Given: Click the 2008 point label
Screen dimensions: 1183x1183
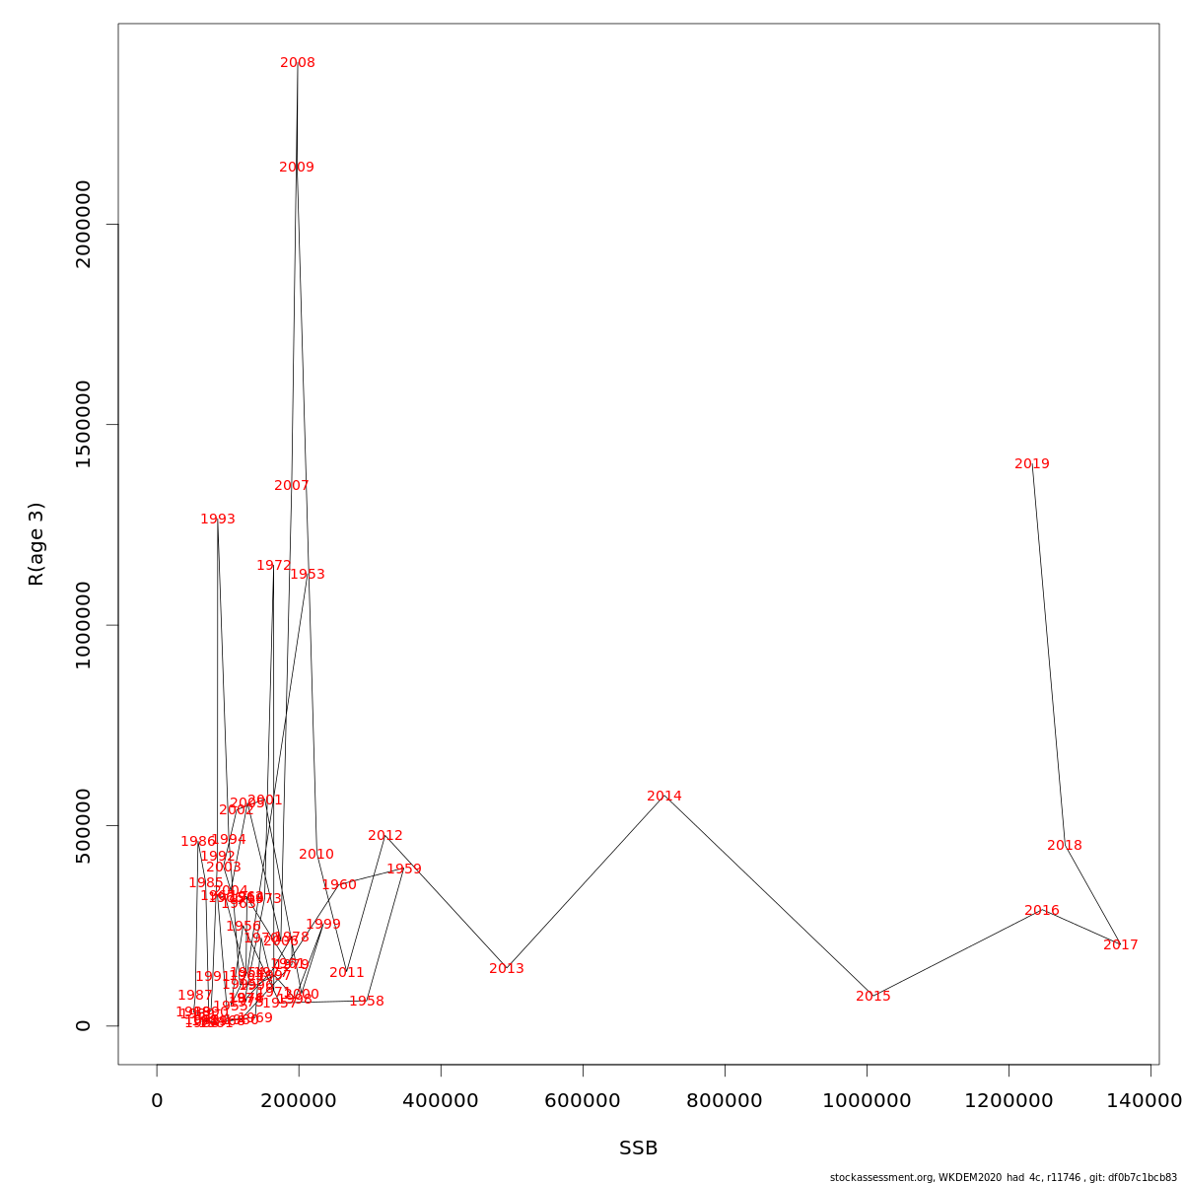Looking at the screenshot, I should pyautogui.click(x=298, y=63).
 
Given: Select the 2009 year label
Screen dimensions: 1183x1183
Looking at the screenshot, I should pyautogui.click(x=297, y=168).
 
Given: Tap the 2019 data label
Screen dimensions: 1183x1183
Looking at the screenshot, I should pyautogui.click(x=1032, y=464).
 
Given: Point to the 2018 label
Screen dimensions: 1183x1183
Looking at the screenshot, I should pyautogui.click(x=1065, y=846).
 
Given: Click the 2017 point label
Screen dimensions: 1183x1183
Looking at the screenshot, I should pyautogui.click(x=1121, y=945).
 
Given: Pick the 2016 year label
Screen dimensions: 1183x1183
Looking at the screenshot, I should pyautogui.click(x=1042, y=911).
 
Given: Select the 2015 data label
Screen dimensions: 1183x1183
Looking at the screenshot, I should pyautogui.click(x=873, y=997).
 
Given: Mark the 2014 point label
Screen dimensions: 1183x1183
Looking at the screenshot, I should pyautogui.click(x=664, y=797).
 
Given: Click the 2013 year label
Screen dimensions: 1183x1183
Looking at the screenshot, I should pyautogui.click(x=507, y=969).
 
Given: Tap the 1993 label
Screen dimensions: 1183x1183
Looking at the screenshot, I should pyautogui.click(x=218, y=520).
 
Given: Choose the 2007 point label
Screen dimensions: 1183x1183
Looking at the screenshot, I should pyautogui.click(x=292, y=486).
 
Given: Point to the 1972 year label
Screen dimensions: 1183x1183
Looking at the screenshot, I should pyautogui.click(x=274, y=566).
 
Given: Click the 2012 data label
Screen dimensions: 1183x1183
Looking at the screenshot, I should pyautogui.click(x=385, y=836).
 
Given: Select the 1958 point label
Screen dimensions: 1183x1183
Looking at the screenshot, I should pyautogui.click(x=367, y=1002).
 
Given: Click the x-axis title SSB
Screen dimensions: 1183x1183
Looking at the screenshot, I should pyautogui.click(x=638, y=1148).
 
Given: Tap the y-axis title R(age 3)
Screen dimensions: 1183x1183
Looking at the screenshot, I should pyautogui.click(x=36, y=543).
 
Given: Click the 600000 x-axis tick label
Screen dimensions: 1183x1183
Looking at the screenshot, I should pyautogui.click(x=583, y=1100).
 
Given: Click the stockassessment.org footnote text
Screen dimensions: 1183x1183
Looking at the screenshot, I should pyautogui.click(x=1004, y=1177).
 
